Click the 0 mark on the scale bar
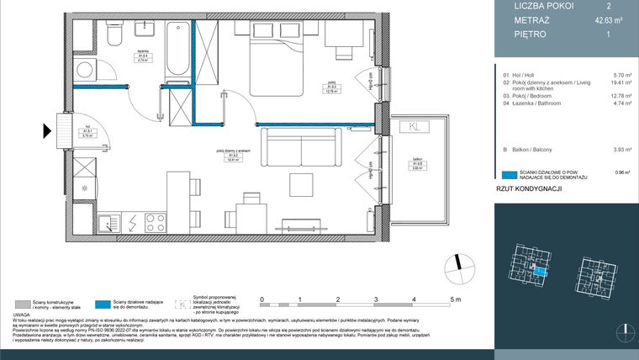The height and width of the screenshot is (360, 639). click(x=262, y=299)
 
